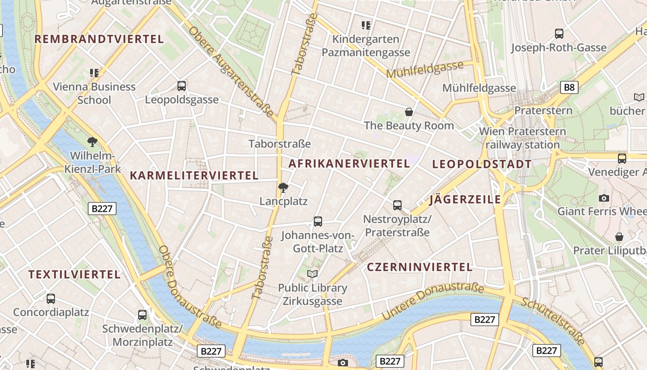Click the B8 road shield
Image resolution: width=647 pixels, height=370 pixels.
tap(570, 87)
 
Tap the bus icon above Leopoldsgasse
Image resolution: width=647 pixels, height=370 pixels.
tap(182, 86)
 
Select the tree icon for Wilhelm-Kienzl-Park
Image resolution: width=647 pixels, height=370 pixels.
tap(92, 142)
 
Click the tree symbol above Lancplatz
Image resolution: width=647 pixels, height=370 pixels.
tap(283, 188)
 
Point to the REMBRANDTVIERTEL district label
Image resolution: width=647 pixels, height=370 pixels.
tap(99, 39)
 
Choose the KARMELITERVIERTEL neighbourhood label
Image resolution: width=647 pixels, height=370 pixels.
tap(194, 176)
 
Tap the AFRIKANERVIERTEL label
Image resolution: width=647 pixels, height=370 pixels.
tap(349, 164)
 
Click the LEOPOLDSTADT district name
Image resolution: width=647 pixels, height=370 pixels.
tap(482, 164)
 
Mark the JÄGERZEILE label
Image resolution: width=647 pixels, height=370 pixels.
tap(465, 200)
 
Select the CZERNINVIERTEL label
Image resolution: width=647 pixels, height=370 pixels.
tap(420, 267)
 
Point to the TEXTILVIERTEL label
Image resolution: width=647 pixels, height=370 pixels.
tap(74, 275)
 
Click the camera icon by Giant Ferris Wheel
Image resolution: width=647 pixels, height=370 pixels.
tap(604, 198)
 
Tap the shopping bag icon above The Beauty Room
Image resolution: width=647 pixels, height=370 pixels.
tap(409, 112)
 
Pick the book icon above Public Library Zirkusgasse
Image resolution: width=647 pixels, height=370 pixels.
tap(313, 274)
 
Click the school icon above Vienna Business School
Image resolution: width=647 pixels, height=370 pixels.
tap(94, 73)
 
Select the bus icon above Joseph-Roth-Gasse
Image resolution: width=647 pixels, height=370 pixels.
tap(559, 34)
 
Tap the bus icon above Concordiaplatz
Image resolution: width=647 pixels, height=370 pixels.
tap(51, 299)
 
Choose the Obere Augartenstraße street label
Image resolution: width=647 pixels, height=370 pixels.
tap(231, 72)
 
